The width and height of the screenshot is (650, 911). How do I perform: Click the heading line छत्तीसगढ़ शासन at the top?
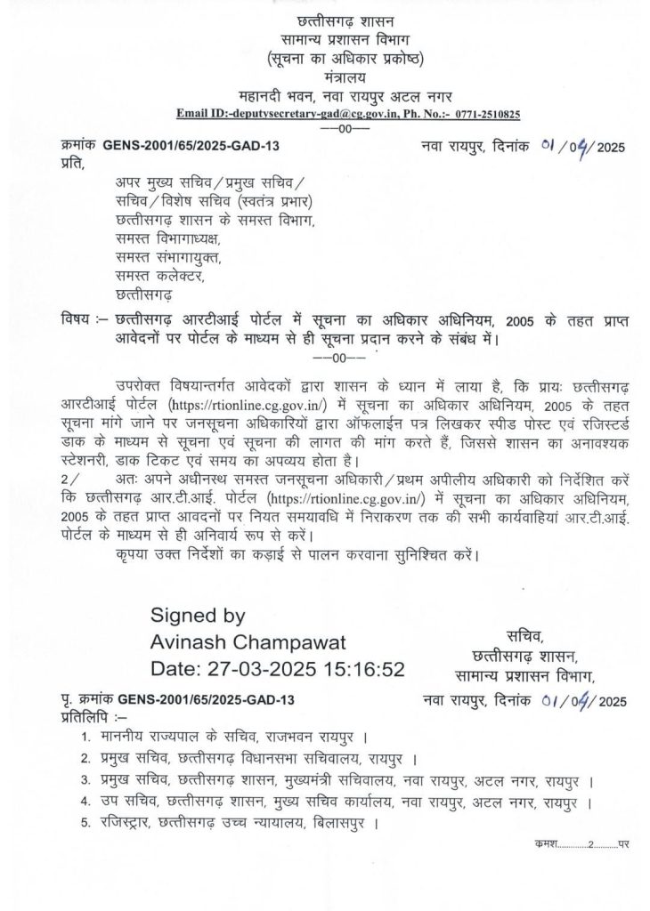[x=334, y=20]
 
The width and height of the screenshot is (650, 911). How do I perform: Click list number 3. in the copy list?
[x=85, y=780]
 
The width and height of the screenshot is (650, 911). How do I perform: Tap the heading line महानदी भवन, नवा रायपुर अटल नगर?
[x=334, y=96]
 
